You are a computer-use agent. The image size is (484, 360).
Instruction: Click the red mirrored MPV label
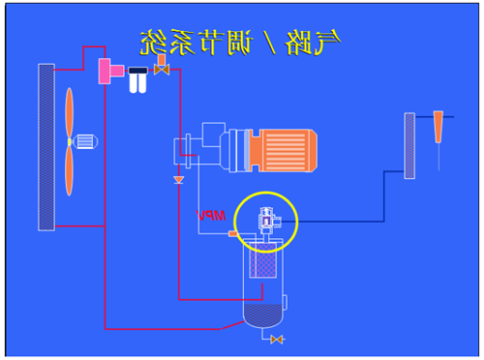click(211, 216)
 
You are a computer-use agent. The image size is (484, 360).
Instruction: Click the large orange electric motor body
click(284, 150)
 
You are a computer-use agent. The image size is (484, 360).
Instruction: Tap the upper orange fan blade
click(70, 112)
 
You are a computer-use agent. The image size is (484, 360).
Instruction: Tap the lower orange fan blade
click(69, 171)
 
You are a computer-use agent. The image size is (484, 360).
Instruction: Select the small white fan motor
click(85, 141)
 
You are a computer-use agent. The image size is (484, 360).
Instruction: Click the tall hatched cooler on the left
click(46, 147)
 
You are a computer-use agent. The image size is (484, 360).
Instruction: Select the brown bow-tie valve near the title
click(162, 70)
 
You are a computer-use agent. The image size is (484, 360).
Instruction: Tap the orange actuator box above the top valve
click(162, 60)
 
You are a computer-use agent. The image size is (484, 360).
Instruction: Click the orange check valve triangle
click(178, 180)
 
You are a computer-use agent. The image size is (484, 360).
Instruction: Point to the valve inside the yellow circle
click(267, 221)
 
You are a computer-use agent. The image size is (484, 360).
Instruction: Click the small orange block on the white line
click(233, 233)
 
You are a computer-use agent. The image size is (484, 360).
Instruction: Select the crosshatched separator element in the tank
click(263, 260)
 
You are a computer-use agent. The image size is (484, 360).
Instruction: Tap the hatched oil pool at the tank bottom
click(263, 315)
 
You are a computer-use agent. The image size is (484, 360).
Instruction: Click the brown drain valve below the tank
click(277, 340)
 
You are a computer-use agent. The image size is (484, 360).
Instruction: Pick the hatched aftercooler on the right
click(409, 145)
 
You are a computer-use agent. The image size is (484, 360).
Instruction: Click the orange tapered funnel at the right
click(439, 127)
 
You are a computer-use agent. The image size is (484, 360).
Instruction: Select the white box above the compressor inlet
click(214, 135)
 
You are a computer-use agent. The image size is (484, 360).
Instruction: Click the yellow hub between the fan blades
click(70, 142)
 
